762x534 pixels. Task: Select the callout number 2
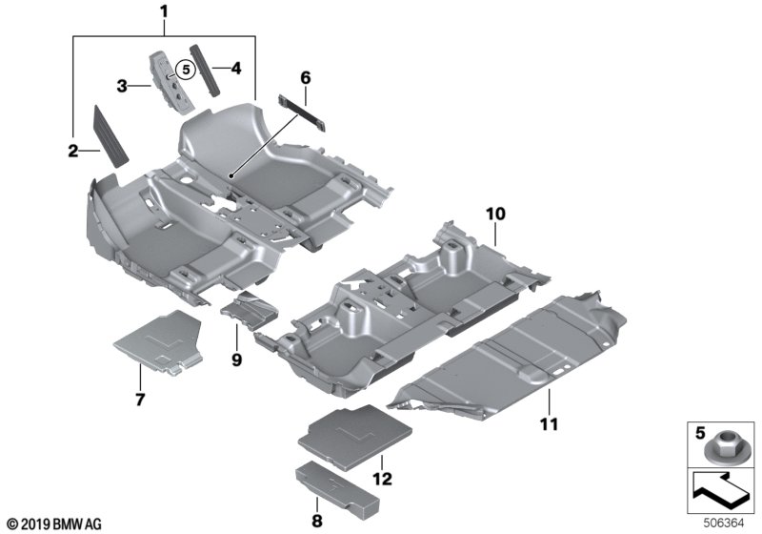tap(73, 150)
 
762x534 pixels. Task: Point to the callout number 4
tap(235, 68)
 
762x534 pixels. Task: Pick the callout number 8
tap(318, 522)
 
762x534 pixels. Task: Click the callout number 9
tap(236, 359)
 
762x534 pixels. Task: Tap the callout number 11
tap(551, 421)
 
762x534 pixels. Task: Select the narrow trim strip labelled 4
tap(204, 67)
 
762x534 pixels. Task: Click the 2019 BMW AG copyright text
tap(53, 523)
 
